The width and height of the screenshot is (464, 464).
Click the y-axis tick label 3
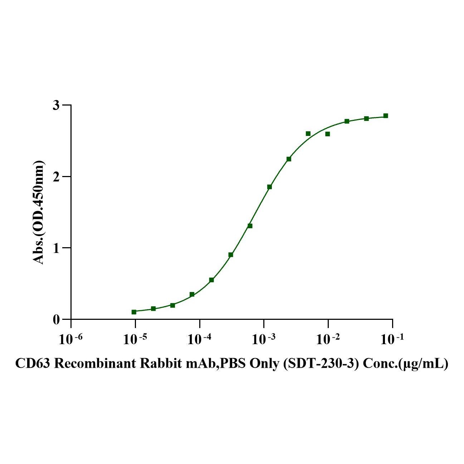[56, 105]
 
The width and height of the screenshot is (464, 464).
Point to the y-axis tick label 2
[56, 176]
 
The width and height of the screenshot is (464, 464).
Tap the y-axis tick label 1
[56, 248]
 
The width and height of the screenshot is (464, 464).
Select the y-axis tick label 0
[56, 319]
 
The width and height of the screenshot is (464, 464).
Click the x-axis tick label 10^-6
[71, 340]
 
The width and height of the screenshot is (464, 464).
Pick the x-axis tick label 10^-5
[135, 340]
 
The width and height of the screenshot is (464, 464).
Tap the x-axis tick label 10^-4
[199, 340]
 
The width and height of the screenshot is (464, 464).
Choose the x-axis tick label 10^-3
[264, 340]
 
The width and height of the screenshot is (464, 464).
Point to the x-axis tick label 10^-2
[328, 340]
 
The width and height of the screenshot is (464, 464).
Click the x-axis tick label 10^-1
[392, 340]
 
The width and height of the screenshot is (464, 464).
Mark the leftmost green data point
[134, 312]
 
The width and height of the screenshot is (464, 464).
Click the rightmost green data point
[386, 116]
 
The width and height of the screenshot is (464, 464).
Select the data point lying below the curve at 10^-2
[327, 134]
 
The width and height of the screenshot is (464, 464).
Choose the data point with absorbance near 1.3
[250, 226]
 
